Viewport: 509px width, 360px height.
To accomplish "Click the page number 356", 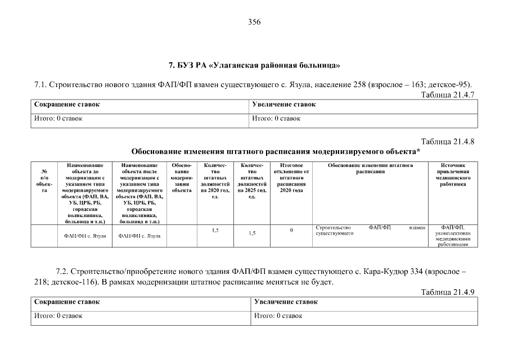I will click(254, 22).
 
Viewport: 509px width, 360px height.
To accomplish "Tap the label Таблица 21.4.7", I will click(448, 94).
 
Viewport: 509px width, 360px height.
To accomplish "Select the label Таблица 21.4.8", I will click(448, 142).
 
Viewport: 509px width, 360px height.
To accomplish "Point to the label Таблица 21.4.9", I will click(448, 292).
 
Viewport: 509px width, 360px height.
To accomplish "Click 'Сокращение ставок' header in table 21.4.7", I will click(67, 105).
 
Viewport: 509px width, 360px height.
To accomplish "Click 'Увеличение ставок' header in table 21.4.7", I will click(284, 105).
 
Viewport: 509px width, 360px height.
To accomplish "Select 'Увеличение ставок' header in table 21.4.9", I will click(286, 302).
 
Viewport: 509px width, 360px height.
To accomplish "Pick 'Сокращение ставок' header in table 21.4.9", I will click(67, 302).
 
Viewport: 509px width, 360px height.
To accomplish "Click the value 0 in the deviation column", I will click(291, 230).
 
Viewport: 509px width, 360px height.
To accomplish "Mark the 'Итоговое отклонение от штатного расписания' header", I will click(291, 177).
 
